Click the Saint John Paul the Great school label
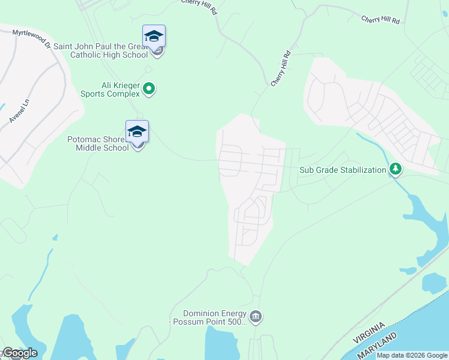coord(100,50)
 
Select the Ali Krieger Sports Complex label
coord(110,89)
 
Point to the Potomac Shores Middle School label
coord(98,143)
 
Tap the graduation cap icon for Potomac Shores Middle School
coord(137,131)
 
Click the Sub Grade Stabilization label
coord(343,170)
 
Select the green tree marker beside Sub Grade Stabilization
coord(395,170)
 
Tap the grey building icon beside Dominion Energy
coord(256,317)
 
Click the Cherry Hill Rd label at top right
coord(381,20)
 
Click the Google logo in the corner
coord(19,353)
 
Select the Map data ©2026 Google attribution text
coord(412,355)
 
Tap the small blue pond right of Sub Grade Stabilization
coord(434,282)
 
